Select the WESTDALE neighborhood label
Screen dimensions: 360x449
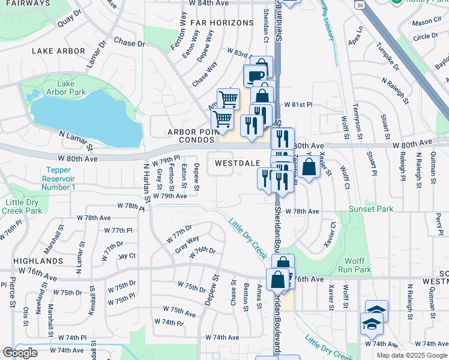point(238,163)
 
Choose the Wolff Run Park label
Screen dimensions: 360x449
point(359,265)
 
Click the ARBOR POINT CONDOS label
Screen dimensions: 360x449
point(191,136)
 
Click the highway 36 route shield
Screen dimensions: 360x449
point(358,5)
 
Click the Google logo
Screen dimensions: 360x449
point(20,353)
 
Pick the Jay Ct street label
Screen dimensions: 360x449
point(127,256)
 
